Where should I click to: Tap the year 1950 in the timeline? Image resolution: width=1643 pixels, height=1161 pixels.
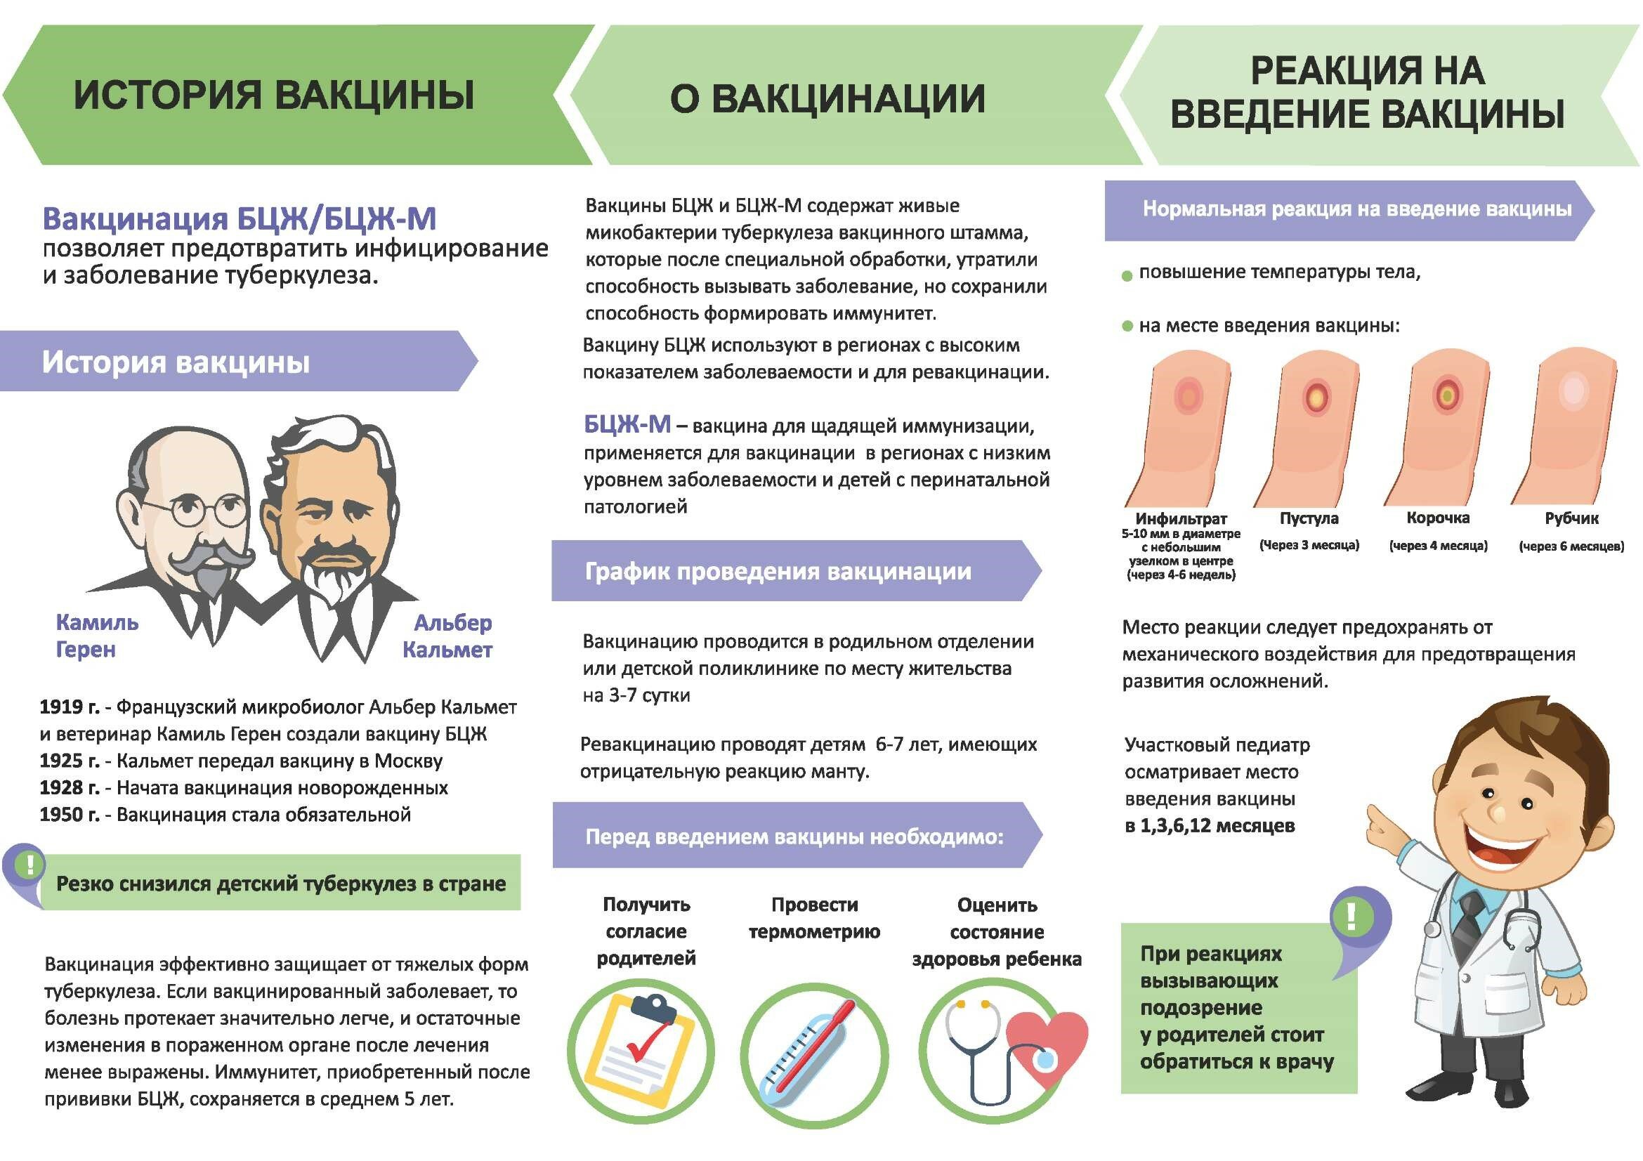click(69, 815)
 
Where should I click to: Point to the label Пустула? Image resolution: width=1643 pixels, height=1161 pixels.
click(1309, 518)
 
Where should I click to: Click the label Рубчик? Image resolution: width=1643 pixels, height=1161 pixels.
click(1571, 518)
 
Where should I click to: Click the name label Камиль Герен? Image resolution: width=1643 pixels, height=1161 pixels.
click(97, 636)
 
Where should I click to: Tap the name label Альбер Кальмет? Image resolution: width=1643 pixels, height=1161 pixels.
click(449, 636)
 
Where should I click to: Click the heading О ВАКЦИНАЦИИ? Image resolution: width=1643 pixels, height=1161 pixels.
click(827, 99)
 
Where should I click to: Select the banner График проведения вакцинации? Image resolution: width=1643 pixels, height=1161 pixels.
click(778, 572)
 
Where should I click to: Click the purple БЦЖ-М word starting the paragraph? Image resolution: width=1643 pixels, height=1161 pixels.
click(627, 425)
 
